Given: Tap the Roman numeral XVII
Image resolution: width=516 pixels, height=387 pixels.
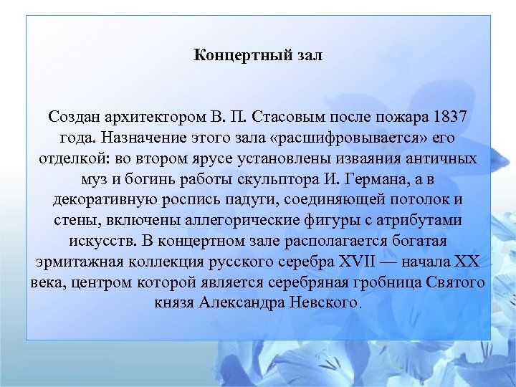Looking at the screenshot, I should (363, 261).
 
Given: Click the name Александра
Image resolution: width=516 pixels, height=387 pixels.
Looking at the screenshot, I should (244, 302).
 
